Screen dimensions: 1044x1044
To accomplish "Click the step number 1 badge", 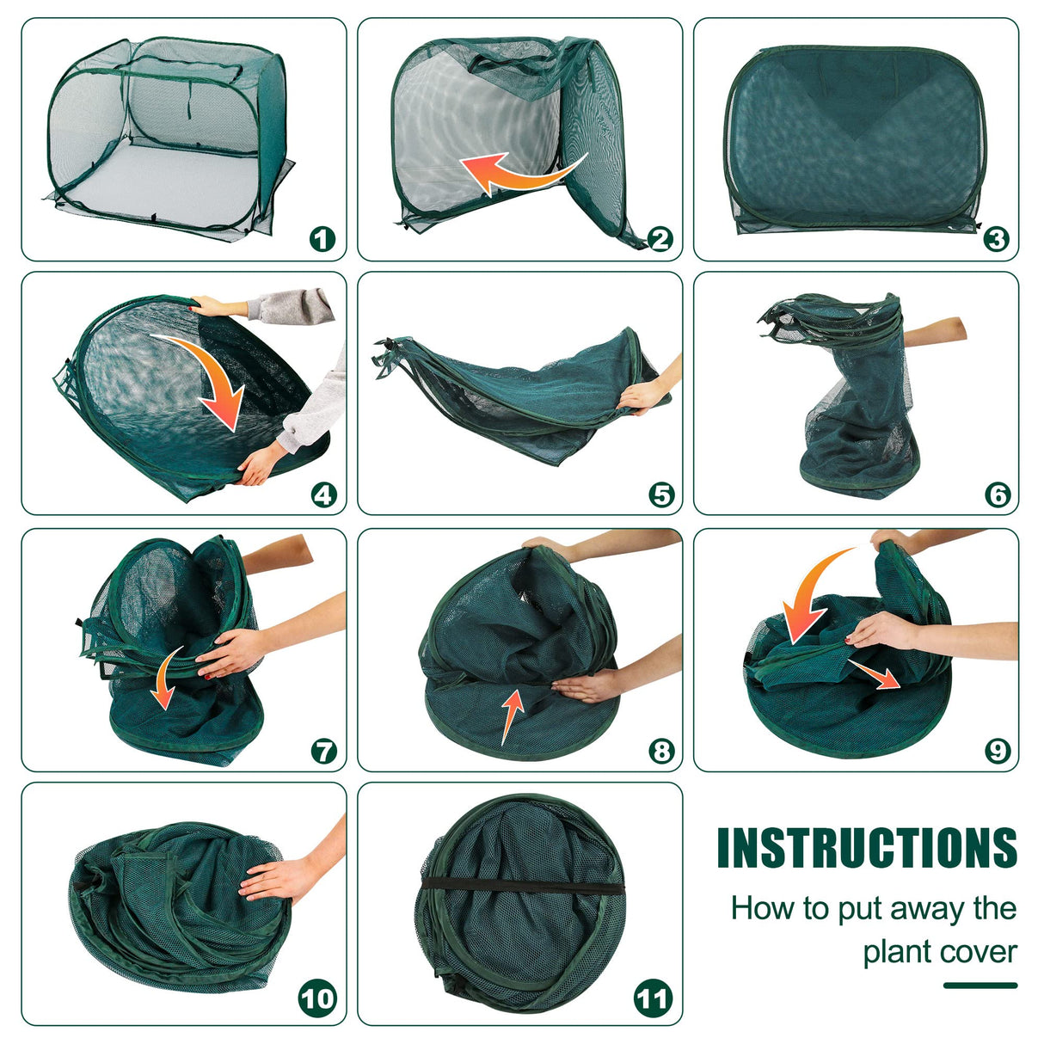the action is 322,238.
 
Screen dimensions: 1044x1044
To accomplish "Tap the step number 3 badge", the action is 997,238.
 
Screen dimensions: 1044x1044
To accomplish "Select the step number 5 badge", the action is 661,494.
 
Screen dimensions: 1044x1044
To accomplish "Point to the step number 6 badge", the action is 998,494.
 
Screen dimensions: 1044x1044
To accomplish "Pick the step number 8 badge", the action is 661,751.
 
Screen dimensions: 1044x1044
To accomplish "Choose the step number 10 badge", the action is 318,998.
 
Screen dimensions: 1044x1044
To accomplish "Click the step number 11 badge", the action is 653,998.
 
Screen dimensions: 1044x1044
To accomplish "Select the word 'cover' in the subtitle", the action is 979,953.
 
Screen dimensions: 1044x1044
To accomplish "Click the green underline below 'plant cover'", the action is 980,985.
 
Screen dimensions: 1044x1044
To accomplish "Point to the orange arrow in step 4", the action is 217,374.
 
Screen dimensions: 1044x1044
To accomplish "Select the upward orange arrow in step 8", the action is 513,715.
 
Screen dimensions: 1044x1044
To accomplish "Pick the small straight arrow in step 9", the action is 875,673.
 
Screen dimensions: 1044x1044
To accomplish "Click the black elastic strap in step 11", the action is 522,886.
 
